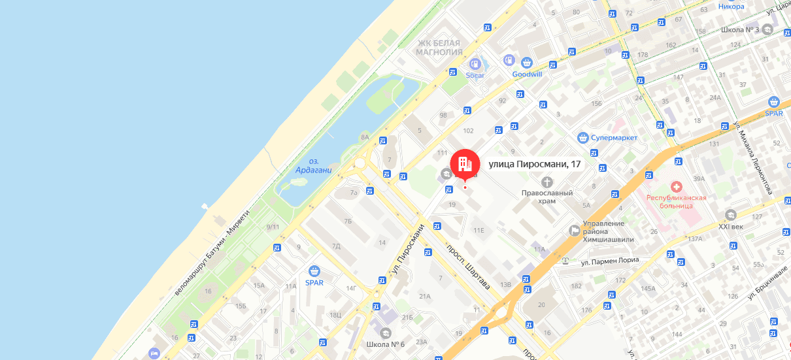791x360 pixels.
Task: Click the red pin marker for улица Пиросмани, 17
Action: coord(464,163)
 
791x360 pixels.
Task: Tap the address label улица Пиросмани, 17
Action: coord(535,164)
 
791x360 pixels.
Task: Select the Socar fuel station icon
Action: coord(475,64)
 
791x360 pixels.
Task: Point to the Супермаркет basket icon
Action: coord(583,138)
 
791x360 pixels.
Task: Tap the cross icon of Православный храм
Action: coord(547,181)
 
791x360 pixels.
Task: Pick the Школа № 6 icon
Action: coord(386,333)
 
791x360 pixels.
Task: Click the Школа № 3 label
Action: coord(739,30)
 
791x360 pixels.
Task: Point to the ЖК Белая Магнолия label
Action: coord(440,47)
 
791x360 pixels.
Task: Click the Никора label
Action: coord(731,7)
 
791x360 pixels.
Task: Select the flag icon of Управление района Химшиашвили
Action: coord(574,229)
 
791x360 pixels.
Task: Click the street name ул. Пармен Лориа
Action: coord(609,261)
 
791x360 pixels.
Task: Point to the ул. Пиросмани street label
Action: coord(409,249)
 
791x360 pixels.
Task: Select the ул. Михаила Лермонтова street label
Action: coord(754,157)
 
